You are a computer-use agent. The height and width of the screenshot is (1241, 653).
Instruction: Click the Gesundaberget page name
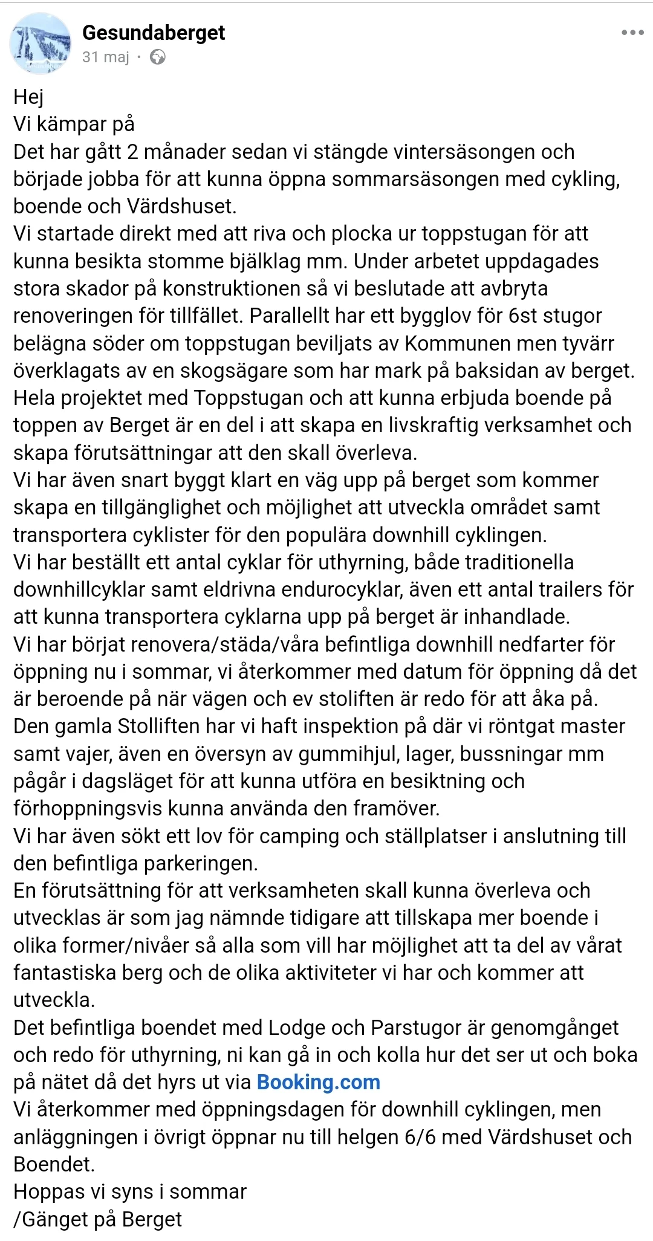coord(154,33)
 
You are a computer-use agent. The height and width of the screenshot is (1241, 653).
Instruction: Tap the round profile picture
coord(41,44)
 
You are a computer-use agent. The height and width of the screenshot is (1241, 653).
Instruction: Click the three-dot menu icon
coord(632,33)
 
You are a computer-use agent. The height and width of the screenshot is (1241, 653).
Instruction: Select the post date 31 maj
coord(106,57)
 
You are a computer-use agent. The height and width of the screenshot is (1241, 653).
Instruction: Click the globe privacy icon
coord(158,57)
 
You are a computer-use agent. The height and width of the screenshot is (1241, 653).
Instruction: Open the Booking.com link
coord(319,1082)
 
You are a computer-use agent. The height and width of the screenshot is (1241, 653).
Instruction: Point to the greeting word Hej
coord(28,97)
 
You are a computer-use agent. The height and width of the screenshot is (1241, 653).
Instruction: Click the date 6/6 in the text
coord(420,1137)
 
